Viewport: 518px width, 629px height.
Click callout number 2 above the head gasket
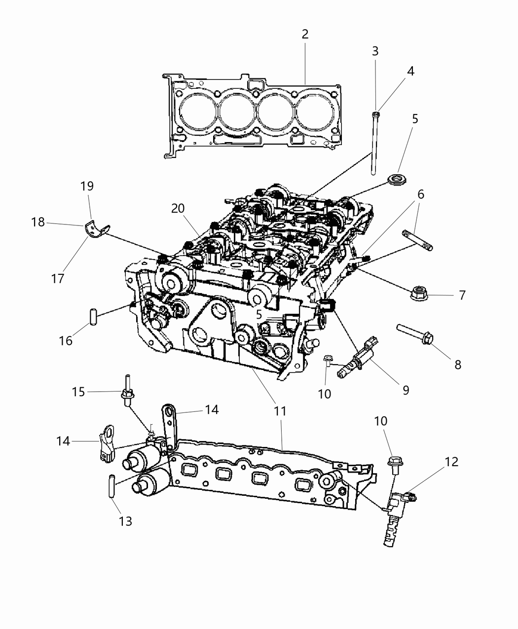click(305, 35)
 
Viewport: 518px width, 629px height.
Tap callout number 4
click(410, 71)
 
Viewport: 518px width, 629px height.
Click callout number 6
click(420, 194)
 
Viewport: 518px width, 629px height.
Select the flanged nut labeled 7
click(419, 294)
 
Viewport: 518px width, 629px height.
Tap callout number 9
click(406, 390)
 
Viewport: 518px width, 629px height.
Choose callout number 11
click(280, 410)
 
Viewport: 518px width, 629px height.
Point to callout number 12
click(451, 462)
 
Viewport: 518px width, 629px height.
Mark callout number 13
click(126, 520)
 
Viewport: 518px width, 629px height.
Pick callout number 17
click(58, 278)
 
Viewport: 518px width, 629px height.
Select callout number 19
click(87, 186)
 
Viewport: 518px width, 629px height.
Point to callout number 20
click(178, 208)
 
